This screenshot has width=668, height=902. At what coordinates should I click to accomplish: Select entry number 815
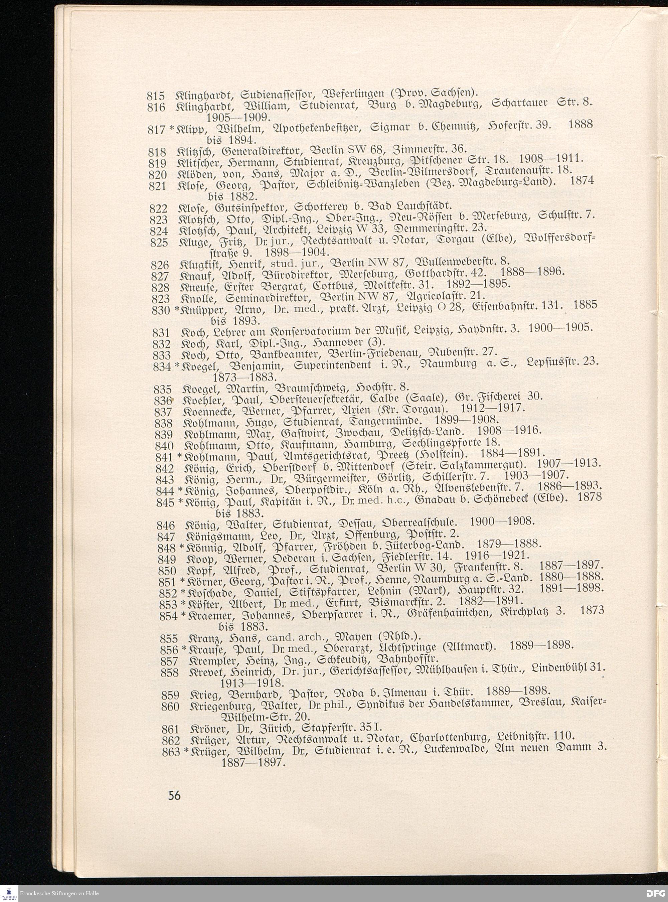(x=156, y=96)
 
